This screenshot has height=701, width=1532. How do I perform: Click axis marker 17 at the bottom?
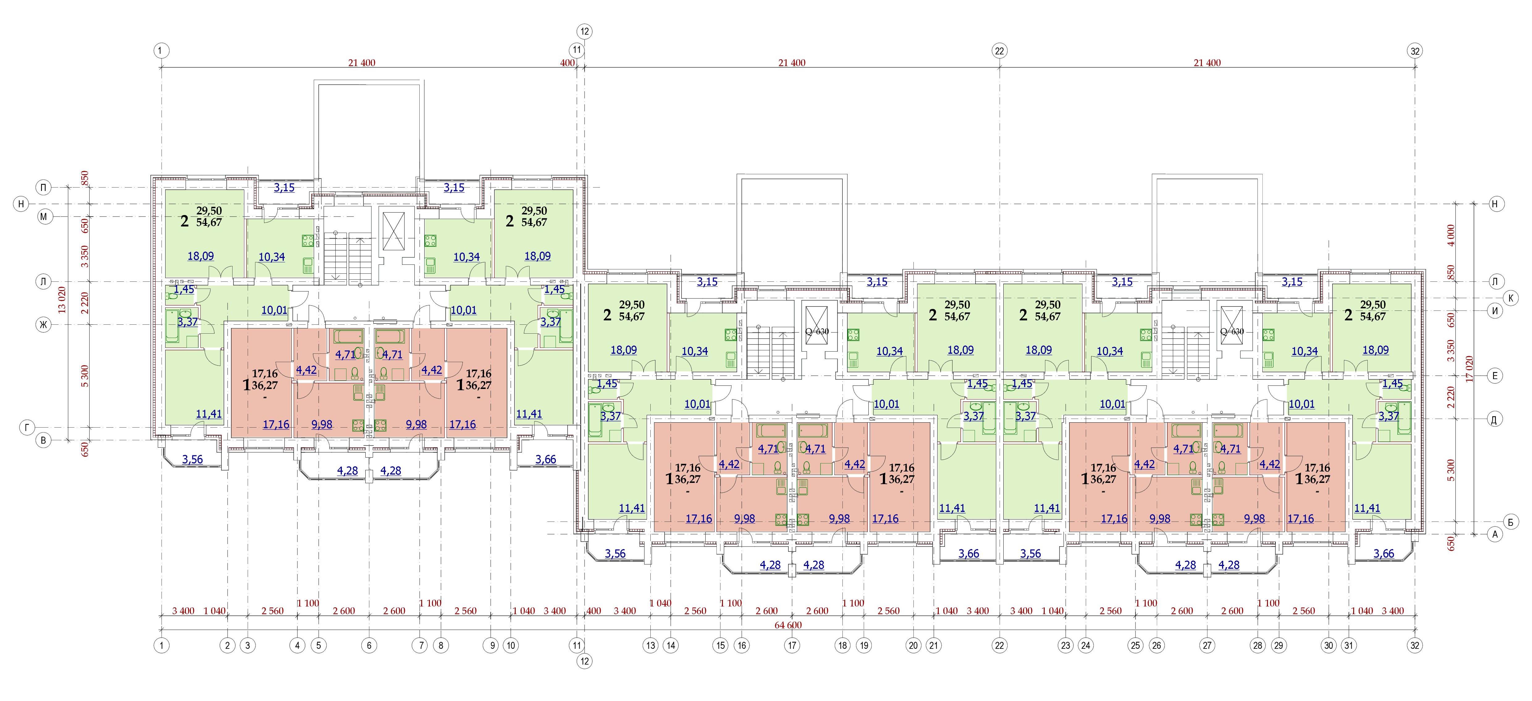(x=792, y=645)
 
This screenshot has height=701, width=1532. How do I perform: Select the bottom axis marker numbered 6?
(x=369, y=645)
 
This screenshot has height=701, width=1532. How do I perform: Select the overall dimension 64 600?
(x=788, y=625)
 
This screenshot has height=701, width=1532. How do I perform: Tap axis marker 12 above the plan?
(x=585, y=32)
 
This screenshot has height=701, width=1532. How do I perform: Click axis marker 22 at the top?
(x=999, y=51)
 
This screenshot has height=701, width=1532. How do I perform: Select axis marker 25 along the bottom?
(x=1136, y=645)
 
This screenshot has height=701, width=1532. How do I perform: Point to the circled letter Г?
(x=27, y=427)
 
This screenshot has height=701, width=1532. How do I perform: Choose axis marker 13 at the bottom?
(x=651, y=645)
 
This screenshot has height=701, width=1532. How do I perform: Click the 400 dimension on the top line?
(x=567, y=62)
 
